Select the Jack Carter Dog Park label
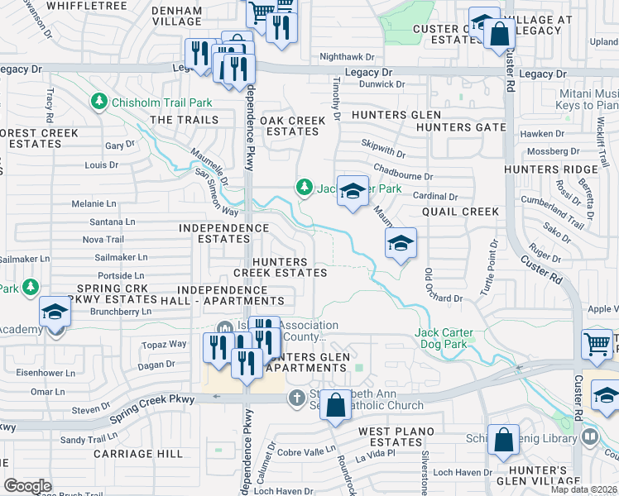click(444, 338)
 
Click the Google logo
click(27, 486)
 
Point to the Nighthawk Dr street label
click(347, 57)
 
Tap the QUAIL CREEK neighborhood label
click(461, 212)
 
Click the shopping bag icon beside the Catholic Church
click(336, 406)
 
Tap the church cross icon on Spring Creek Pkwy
click(297, 398)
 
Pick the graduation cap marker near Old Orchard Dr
click(401, 243)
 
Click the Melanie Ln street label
click(94, 203)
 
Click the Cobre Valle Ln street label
click(305, 452)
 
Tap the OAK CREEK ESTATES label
click(293, 126)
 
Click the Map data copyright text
click(584, 489)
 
